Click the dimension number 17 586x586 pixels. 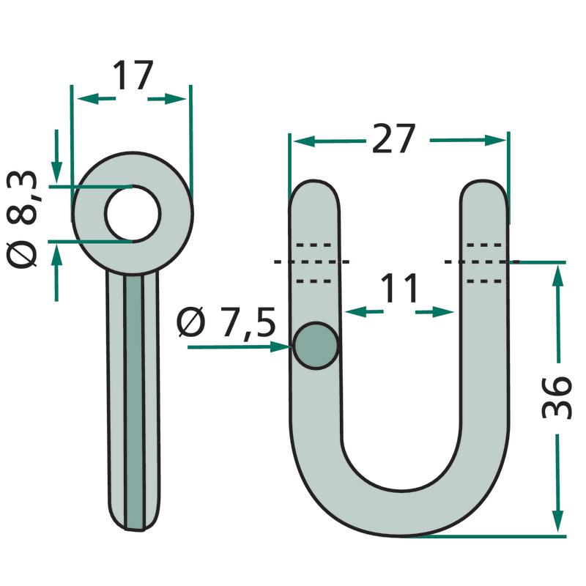133,75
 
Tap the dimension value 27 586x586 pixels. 393,138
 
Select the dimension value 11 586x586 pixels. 398,288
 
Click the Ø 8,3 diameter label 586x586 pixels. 22,219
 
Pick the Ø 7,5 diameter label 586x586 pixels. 226,322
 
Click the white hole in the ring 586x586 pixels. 133,214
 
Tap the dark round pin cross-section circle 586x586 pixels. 316,346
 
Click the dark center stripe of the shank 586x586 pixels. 134,402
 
